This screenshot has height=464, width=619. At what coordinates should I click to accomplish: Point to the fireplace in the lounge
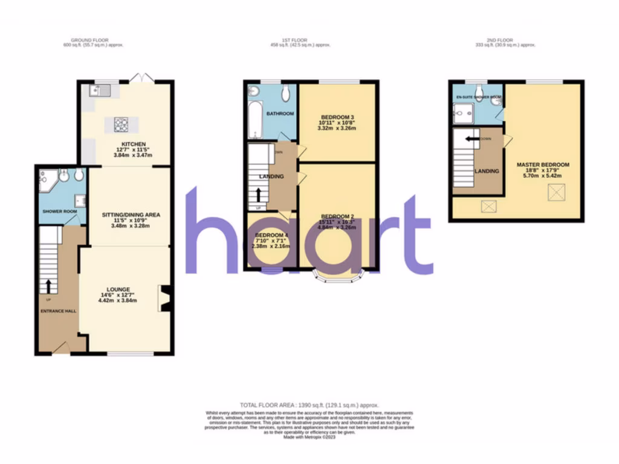coord(164,298)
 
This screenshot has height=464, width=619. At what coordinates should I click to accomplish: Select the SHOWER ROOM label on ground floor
coord(57,211)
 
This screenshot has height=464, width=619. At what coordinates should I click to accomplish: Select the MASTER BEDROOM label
coord(542,164)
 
